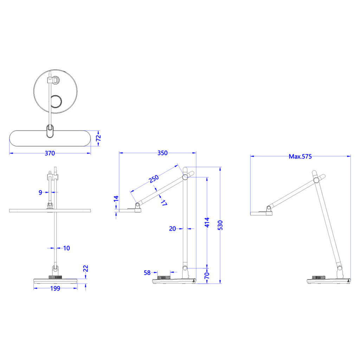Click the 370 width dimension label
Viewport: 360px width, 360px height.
50,153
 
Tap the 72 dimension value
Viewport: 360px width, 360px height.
98,138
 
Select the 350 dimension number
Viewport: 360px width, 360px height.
162,153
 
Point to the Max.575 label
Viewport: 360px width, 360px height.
300,156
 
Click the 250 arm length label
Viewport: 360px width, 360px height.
154,179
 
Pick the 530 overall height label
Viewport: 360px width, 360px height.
220,225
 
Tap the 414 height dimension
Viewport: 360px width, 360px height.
207,222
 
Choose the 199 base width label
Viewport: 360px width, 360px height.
55,288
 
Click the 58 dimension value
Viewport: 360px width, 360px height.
147,273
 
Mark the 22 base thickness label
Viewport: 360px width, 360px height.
85,268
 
